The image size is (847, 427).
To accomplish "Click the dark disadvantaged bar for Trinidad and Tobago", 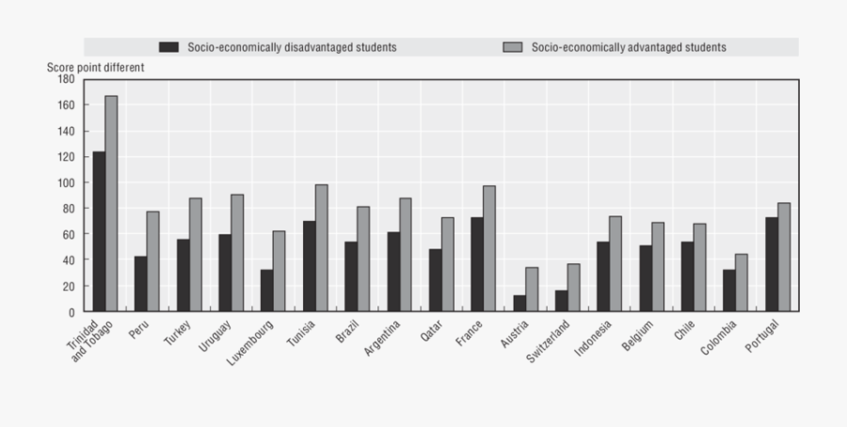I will [x=99, y=231].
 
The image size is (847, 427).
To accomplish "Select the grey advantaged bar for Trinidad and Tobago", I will [x=111, y=203].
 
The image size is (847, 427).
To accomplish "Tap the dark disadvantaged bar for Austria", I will [x=519, y=303].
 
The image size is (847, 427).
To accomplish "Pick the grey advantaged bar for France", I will [x=489, y=248].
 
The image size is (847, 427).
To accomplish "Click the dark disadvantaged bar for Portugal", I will [x=772, y=264].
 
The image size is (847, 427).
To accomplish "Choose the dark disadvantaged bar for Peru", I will [x=140, y=283].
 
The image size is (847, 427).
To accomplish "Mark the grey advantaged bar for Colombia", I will [x=742, y=282].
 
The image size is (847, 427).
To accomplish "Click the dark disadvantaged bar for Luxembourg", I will [x=266, y=291].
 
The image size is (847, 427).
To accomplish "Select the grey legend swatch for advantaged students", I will [x=513, y=47].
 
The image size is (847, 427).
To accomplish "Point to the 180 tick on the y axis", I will [x=66, y=80].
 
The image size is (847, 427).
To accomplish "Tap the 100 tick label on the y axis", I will [x=66, y=182].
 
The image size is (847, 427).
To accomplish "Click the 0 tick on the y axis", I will [x=71, y=311].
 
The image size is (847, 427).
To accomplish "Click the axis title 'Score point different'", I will [x=96, y=68].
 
